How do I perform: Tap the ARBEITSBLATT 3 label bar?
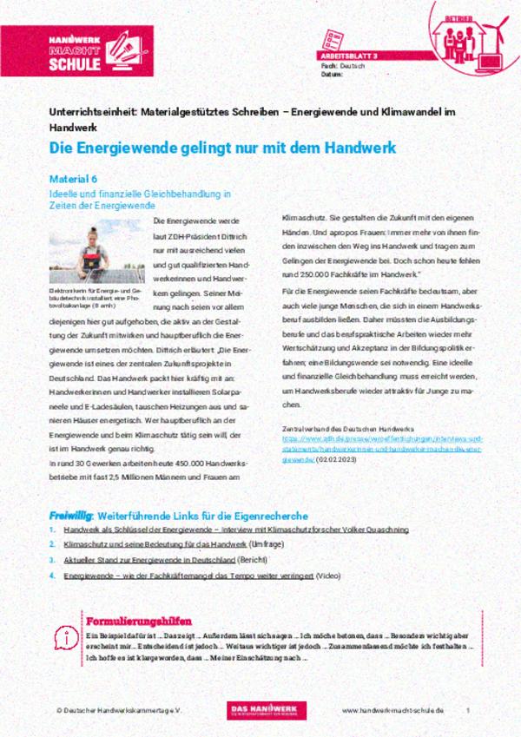(x=347, y=55)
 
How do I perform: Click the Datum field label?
(x=331, y=74)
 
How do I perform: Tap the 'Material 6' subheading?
(x=74, y=179)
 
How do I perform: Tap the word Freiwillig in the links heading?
(x=69, y=514)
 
